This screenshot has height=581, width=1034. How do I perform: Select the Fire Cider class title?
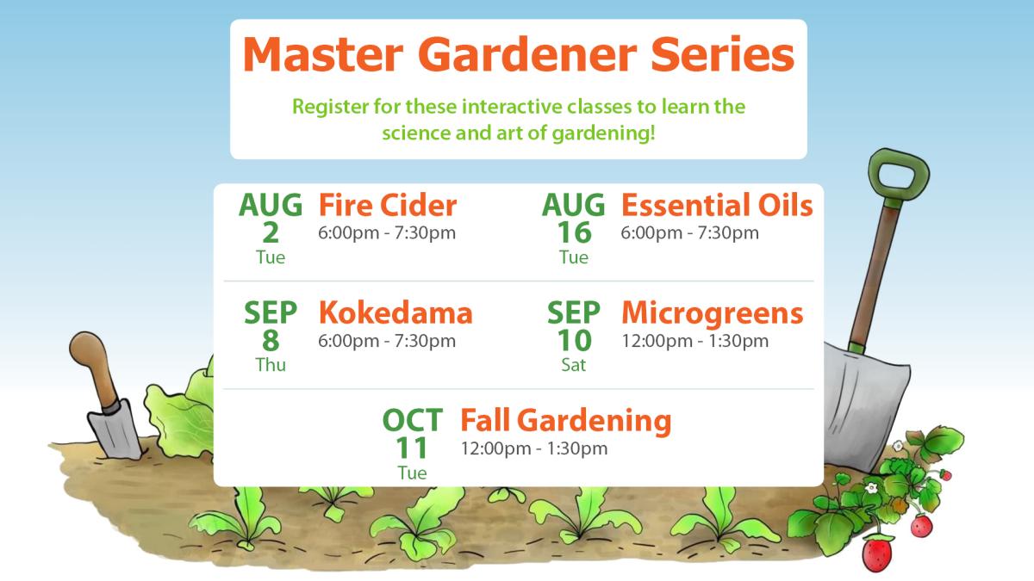(x=387, y=206)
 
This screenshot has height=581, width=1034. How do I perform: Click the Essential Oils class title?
(x=716, y=206)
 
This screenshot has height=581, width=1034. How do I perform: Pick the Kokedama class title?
(x=396, y=312)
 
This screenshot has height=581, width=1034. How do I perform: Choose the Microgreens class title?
(x=712, y=312)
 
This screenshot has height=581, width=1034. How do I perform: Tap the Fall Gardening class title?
(x=565, y=420)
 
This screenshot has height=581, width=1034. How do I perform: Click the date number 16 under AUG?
(x=573, y=232)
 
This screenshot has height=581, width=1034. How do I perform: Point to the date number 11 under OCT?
(x=412, y=448)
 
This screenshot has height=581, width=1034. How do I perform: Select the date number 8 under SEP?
(x=270, y=340)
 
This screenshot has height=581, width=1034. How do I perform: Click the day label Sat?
(x=573, y=365)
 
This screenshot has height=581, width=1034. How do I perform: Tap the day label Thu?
(x=270, y=365)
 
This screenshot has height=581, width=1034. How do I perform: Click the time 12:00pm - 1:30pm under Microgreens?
(x=695, y=342)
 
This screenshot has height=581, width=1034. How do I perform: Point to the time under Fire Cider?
(x=387, y=233)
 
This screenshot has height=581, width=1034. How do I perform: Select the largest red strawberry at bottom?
(x=878, y=551)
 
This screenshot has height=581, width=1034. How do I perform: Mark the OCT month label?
(x=412, y=420)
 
